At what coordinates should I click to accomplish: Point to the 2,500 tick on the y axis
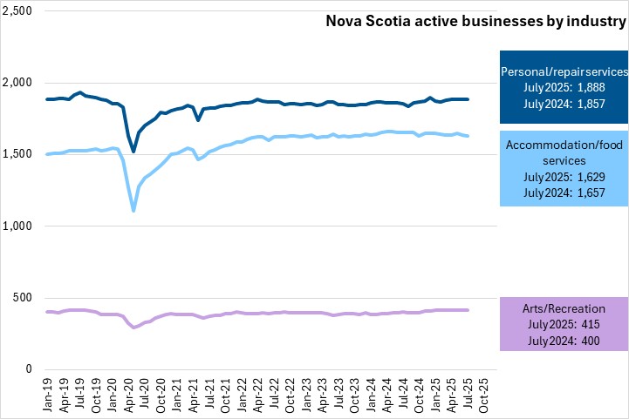tap(17, 11)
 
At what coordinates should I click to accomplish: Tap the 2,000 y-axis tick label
tap(17, 83)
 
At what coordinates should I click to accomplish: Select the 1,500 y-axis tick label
tap(17, 154)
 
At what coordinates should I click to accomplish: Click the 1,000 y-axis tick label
tap(17, 226)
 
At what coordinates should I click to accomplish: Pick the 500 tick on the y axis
tap(23, 298)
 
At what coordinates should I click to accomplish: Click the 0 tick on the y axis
tap(28, 369)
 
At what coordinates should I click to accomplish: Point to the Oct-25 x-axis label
tap(482, 391)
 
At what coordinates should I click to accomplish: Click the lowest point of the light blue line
tap(133, 210)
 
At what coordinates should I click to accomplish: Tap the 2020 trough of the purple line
tap(133, 328)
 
